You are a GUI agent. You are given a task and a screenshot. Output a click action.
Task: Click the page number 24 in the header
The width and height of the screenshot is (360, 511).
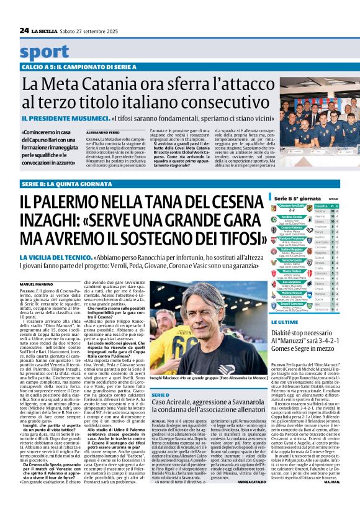(24, 30)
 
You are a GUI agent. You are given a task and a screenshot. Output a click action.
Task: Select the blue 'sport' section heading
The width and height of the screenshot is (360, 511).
(45, 52)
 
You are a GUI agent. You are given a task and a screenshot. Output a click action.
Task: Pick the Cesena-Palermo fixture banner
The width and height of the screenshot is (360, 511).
(291, 227)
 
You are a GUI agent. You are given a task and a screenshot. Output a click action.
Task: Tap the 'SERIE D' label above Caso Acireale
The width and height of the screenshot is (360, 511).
(160, 395)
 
